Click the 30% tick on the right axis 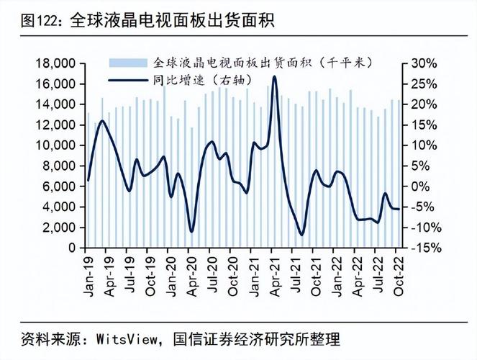pyautogui.click(x=424, y=63)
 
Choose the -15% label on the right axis pyautogui.click(x=424, y=248)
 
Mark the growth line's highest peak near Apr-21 pyautogui.click(x=274, y=76)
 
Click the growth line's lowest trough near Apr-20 pyautogui.click(x=191, y=231)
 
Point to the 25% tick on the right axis pyautogui.click(x=424, y=84)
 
